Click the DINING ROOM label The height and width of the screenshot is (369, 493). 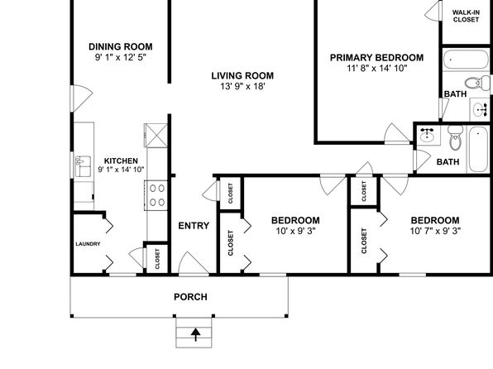(121, 46)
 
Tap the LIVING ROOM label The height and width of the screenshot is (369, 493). (242, 75)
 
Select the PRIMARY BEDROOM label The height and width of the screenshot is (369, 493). (376, 58)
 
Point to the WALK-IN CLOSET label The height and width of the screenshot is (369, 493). (466, 16)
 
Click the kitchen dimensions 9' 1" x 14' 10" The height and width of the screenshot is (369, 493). (121, 170)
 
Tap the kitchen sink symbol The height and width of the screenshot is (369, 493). (83, 166)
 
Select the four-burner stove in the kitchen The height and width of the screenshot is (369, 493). (156, 195)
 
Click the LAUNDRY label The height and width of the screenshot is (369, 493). (88, 244)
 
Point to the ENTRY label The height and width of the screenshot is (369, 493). (194, 226)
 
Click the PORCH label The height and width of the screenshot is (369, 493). (190, 297)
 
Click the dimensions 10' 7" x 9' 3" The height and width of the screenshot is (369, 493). (435, 231)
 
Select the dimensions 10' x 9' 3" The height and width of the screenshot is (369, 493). (295, 231)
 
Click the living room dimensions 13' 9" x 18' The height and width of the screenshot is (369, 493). (242, 86)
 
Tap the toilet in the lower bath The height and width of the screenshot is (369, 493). (455, 138)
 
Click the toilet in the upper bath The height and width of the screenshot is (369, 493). (477, 83)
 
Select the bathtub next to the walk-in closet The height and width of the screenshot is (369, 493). (466, 59)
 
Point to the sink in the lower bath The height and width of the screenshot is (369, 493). (427, 135)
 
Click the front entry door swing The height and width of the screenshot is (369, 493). (193, 263)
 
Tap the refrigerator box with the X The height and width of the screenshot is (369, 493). (156, 135)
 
